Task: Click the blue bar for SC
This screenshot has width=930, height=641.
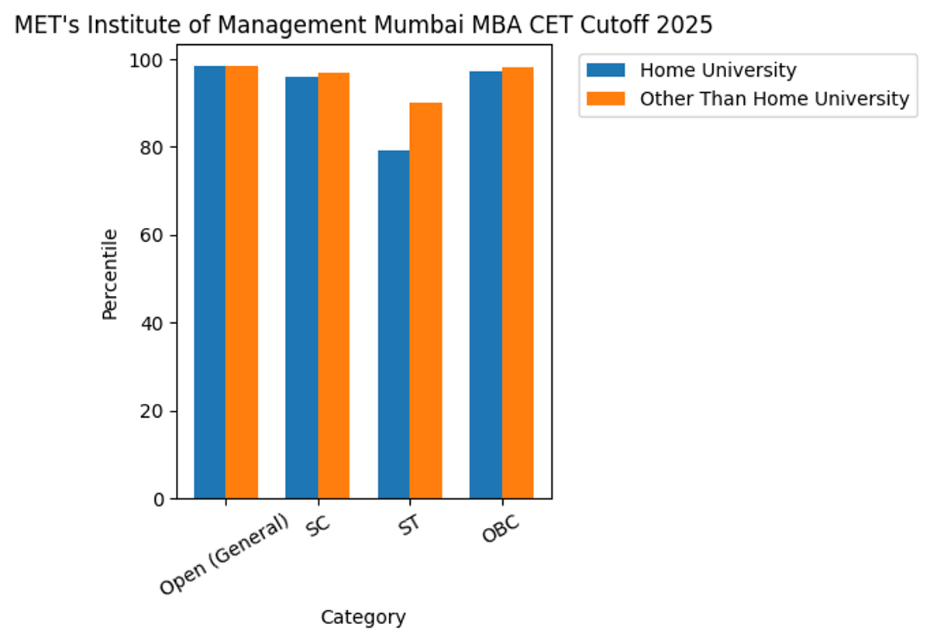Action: pos(301,288)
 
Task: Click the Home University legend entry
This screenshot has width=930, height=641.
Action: pos(718,71)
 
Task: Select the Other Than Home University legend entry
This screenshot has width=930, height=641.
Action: pos(773,99)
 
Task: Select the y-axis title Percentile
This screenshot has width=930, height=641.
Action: pos(110,274)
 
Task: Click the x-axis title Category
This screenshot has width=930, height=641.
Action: pos(363,618)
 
